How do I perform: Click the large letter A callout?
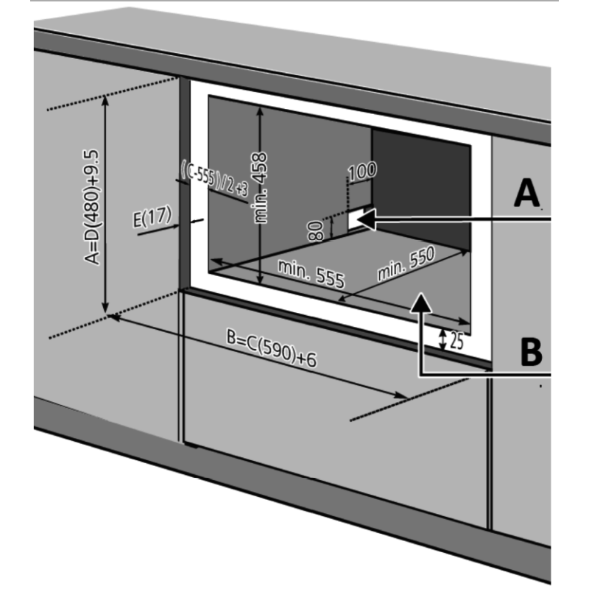(x=526, y=193)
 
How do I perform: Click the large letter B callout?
(x=531, y=352)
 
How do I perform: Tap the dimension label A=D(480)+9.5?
(x=92, y=207)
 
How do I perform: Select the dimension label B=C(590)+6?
(x=272, y=348)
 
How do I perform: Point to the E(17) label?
(x=152, y=216)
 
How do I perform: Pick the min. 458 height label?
(x=261, y=188)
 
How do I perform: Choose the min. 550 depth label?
(x=406, y=264)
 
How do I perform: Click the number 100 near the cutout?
(x=362, y=172)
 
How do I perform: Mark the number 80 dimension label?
(x=315, y=230)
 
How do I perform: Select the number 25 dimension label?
(x=456, y=342)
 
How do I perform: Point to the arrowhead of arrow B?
(x=420, y=303)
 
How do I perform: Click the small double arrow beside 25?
(x=443, y=339)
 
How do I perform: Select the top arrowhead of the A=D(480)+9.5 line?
(x=105, y=101)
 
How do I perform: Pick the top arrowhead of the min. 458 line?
(x=260, y=112)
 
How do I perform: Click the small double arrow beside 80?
(x=332, y=228)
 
